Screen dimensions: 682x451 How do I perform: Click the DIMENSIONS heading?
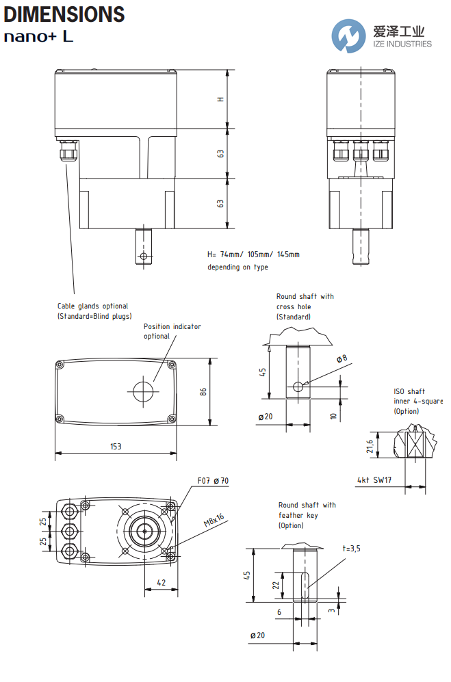click(x=64, y=14)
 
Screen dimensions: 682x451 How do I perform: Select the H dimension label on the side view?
click(x=220, y=99)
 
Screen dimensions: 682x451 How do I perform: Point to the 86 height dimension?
click(x=203, y=392)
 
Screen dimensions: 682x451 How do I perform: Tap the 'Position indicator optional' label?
click(x=172, y=331)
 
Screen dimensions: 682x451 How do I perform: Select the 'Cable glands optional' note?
click(x=92, y=311)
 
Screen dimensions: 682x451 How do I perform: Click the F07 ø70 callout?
click(x=212, y=481)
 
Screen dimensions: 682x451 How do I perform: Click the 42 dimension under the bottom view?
click(x=161, y=583)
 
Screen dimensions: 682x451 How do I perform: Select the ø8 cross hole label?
click(x=342, y=358)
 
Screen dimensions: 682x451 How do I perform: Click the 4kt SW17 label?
click(x=374, y=480)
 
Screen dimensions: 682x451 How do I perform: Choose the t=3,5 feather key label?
click(x=352, y=548)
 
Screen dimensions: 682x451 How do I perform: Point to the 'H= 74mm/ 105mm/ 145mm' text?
click(x=253, y=254)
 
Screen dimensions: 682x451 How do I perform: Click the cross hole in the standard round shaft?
click(x=298, y=386)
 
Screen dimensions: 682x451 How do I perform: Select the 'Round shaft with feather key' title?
click(x=307, y=515)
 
